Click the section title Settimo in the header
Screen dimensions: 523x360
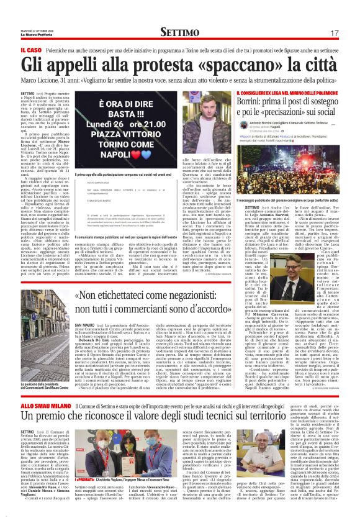(179, 32)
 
